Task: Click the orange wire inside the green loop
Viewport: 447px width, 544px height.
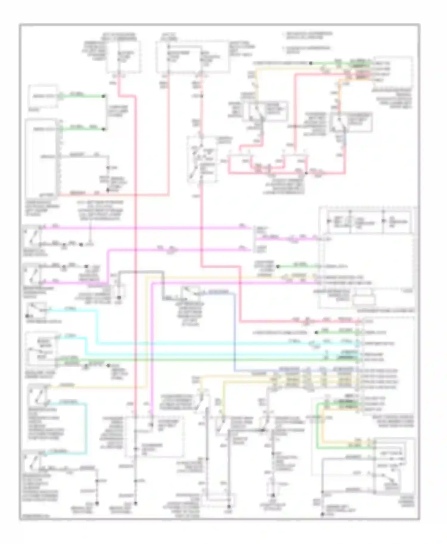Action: tap(325, 429)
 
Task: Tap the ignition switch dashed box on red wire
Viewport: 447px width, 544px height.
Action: tap(202, 159)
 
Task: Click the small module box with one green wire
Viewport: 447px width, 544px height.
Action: tap(43, 96)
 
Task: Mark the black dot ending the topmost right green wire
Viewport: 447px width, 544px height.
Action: tap(311, 63)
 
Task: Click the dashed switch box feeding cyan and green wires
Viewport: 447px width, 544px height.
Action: tap(41, 349)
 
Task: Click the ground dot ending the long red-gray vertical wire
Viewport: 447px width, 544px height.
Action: tap(136, 504)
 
